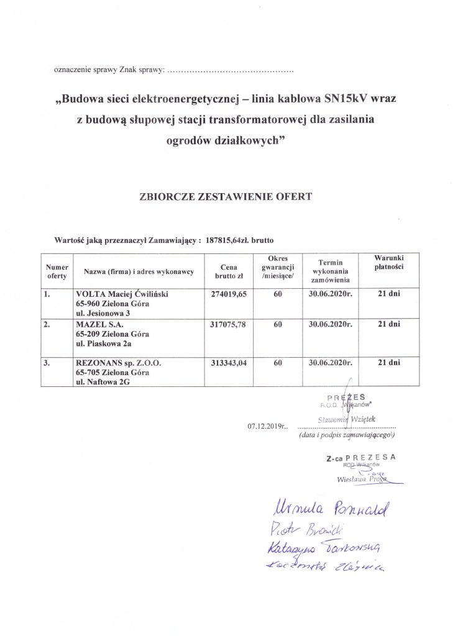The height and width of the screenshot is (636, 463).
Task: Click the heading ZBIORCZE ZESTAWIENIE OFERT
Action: tap(231, 196)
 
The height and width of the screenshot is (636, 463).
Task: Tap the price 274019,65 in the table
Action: tap(230, 294)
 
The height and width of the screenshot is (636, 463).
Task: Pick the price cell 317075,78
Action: tap(230, 324)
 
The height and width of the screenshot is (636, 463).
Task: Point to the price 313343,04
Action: tap(230, 363)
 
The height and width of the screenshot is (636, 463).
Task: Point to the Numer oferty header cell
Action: tap(57, 271)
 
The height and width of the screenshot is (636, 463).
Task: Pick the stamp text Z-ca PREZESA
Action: tap(360, 458)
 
